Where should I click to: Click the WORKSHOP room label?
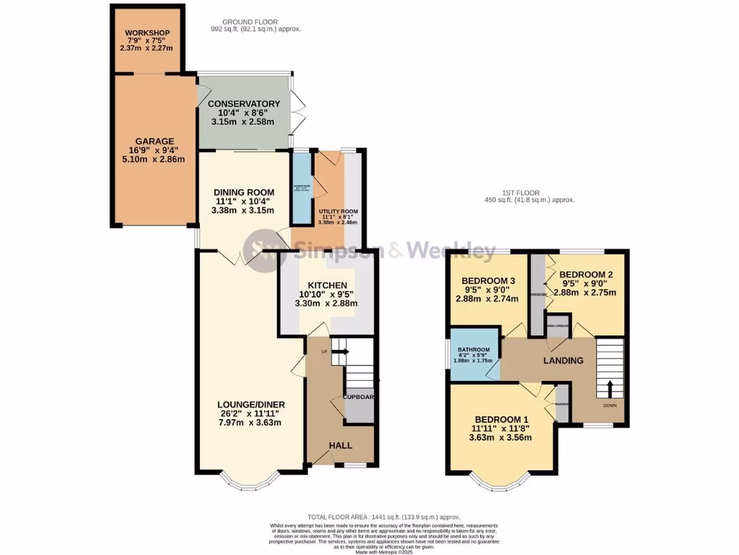coord(147,33)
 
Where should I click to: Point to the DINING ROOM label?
coord(242,194)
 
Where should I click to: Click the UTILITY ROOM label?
coord(338,210)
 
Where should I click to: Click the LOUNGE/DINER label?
coord(250,404)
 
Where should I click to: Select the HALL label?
coord(341,446)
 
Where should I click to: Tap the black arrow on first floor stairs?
coord(608,388)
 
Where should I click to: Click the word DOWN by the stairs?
coord(610,405)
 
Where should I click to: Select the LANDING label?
coord(562,361)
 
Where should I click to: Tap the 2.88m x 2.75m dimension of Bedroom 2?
coord(585,293)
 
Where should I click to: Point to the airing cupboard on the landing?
coord(558,325)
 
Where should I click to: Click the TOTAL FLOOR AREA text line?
coord(384,517)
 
